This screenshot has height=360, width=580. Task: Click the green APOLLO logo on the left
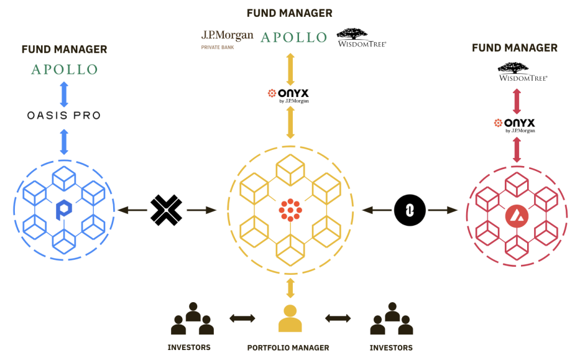pyautogui.click(x=64, y=69)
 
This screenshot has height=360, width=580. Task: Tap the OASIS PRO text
pyautogui.click(x=64, y=116)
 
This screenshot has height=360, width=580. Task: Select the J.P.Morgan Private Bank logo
pyautogui.click(x=226, y=38)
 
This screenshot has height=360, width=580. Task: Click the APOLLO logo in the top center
pyautogui.click(x=293, y=37)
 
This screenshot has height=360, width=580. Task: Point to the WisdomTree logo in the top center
pyautogui.click(x=361, y=37)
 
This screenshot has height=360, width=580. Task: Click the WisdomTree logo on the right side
pyautogui.click(x=514, y=72)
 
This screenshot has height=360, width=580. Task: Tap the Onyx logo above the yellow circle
pyautogui.click(x=289, y=95)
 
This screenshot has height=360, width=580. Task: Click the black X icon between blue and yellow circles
pyautogui.click(x=166, y=211)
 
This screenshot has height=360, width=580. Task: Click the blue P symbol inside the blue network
pyautogui.click(x=63, y=210)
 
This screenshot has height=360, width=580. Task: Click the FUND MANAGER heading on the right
pyautogui.click(x=514, y=48)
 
